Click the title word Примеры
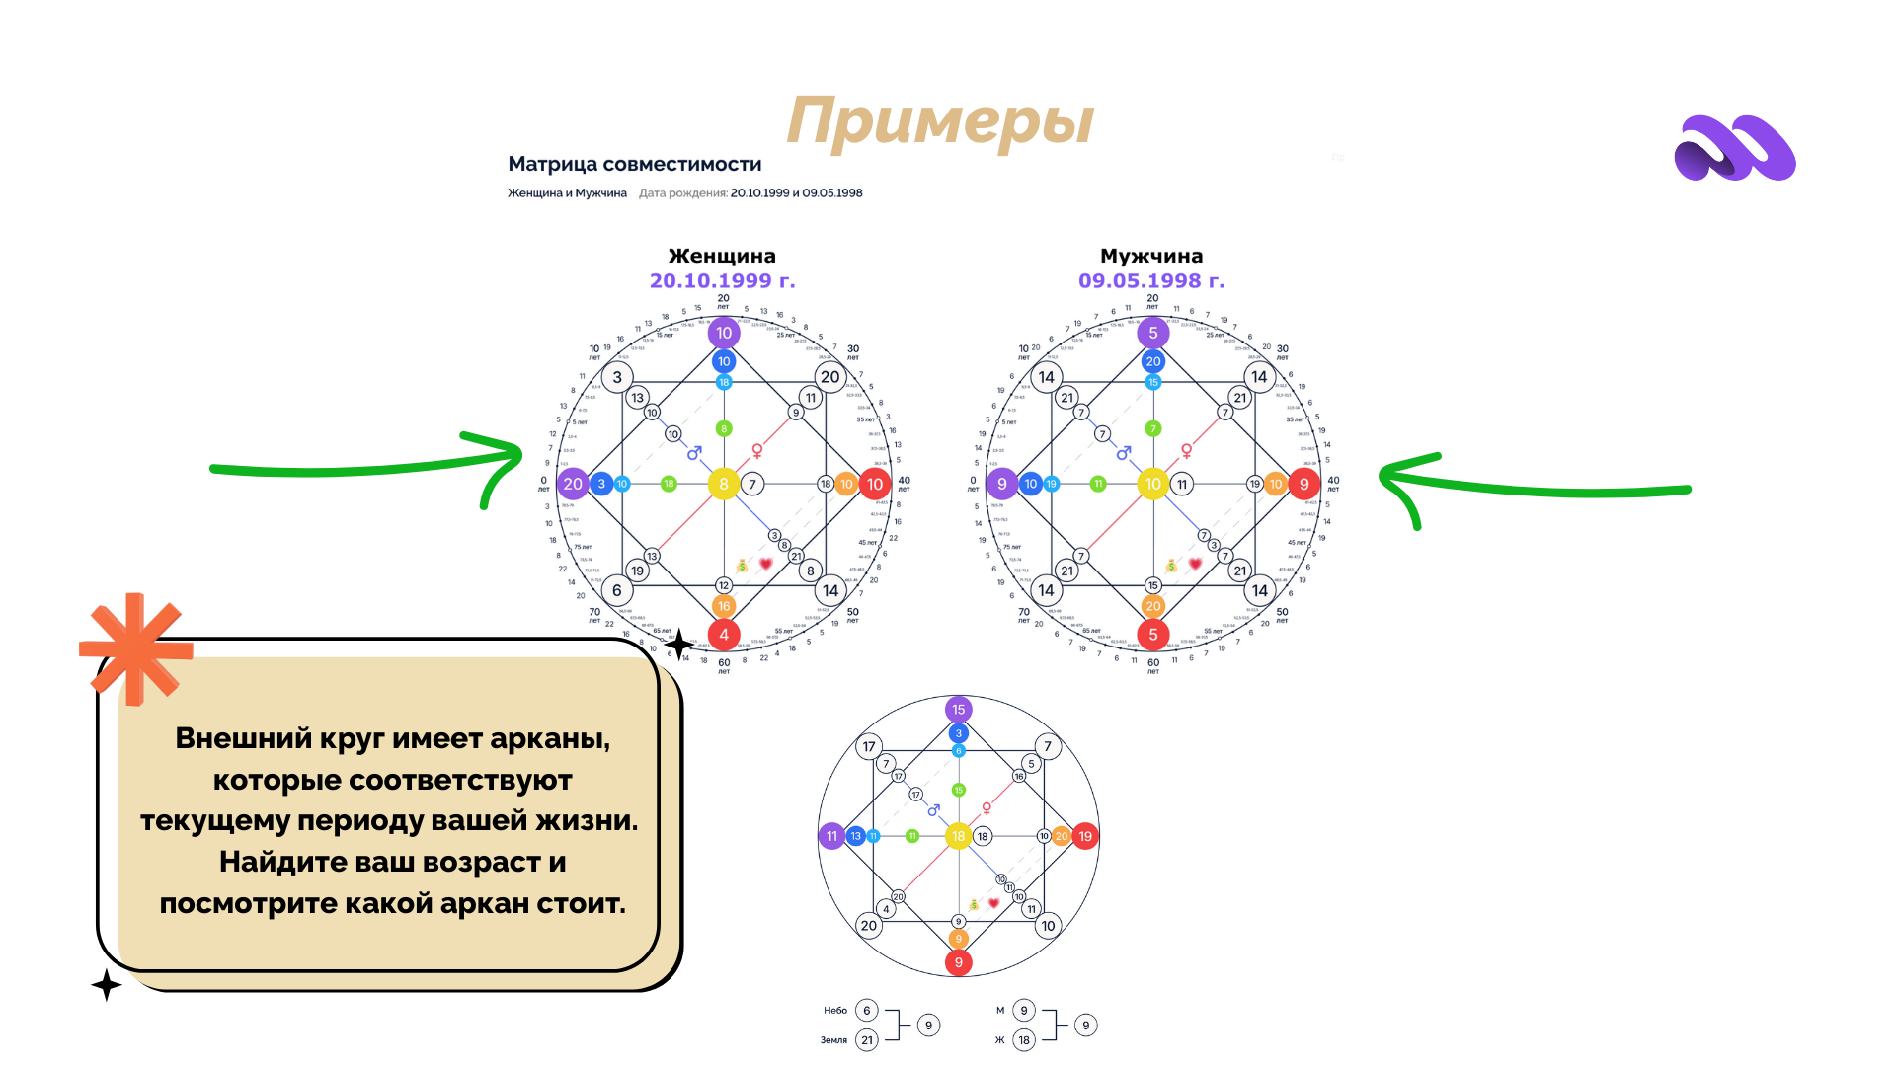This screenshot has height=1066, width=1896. (940, 122)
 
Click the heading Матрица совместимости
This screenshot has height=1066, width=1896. (634, 164)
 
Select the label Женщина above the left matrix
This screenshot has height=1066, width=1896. (722, 256)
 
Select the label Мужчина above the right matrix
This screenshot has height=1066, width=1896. (1151, 256)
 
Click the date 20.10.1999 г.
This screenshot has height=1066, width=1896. (722, 281)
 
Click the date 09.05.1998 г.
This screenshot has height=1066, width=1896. (1151, 281)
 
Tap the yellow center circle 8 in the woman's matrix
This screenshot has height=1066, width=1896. (724, 484)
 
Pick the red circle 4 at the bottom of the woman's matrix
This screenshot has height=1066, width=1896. (724, 635)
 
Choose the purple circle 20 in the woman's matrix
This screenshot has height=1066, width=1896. (573, 484)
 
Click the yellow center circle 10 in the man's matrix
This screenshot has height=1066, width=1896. (1152, 484)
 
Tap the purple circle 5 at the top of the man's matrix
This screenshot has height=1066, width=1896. (1152, 333)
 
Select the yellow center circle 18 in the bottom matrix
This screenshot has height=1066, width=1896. (958, 836)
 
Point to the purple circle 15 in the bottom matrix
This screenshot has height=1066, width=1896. (958, 710)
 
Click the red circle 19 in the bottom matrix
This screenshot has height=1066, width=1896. (1085, 836)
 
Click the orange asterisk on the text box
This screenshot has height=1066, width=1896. (136, 648)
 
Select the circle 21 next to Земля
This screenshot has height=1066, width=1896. (867, 1039)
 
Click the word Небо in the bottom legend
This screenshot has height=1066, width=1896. (835, 1011)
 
